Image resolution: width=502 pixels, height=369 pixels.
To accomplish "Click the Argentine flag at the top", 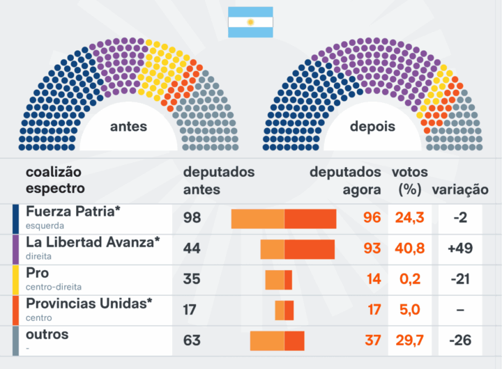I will [250, 22].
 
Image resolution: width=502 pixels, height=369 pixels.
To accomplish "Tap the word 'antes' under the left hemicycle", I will [128, 127].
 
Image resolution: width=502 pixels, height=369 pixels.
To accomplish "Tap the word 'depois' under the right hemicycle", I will [372, 127].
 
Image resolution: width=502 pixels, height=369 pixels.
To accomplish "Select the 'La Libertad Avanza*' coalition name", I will [93, 242].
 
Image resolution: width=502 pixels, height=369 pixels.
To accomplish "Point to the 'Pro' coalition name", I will [37, 273].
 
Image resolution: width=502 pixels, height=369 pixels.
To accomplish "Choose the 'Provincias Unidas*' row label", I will [89, 304].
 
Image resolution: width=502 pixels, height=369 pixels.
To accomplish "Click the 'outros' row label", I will [47, 334].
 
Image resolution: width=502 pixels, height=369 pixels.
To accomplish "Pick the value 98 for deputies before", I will [192, 218].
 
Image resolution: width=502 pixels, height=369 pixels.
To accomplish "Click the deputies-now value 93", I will [372, 249].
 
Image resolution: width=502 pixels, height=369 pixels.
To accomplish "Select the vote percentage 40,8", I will [410, 249].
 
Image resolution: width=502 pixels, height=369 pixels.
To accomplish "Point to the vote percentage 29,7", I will [410, 340].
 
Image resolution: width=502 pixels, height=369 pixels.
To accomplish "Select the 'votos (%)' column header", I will [410, 180].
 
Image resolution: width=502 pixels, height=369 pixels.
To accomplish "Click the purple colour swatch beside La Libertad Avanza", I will [15, 249].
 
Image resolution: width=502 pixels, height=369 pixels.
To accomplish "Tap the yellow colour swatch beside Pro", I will [15, 279].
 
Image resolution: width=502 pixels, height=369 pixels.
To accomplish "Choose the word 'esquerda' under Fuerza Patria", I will [45, 226].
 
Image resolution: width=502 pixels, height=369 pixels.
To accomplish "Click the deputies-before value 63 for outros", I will [192, 340].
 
